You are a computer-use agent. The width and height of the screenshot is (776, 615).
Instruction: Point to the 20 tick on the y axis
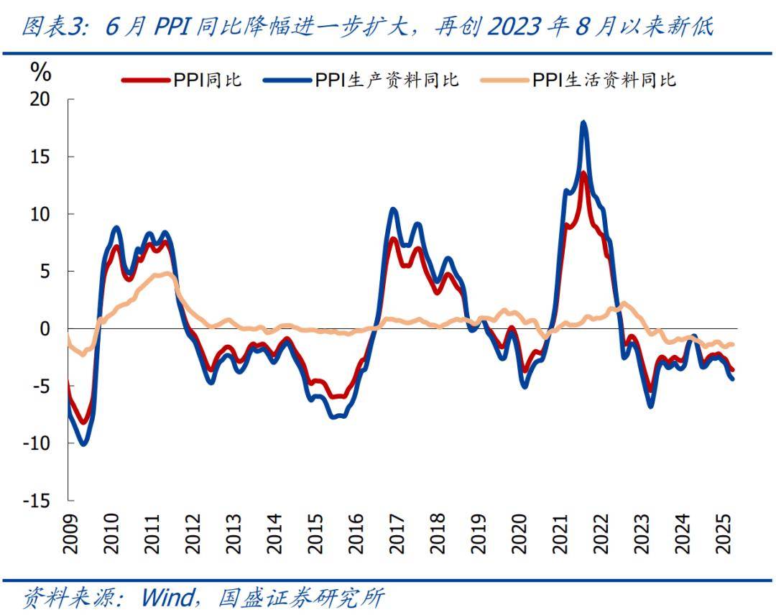click(41, 99)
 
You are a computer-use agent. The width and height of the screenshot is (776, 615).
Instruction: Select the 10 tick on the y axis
click(41, 214)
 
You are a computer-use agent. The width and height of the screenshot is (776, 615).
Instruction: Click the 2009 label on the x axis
click(70, 535)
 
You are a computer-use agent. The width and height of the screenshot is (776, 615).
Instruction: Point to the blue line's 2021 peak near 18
click(583, 123)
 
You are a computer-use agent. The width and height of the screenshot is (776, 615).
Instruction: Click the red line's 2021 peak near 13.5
click(583, 172)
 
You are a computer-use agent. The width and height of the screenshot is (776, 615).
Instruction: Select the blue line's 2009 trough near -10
click(83, 443)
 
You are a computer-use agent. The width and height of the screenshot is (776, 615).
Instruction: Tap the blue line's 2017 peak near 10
click(393, 210)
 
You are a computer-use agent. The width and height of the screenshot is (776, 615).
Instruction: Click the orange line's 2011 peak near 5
click(167, 274)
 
